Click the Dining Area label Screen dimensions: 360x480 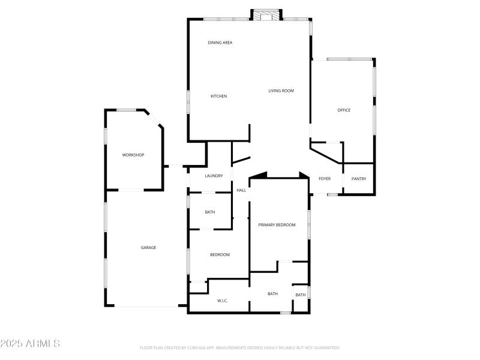[x=220, y=43]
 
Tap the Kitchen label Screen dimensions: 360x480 [x=218, y=96]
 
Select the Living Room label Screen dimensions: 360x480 [x=281, y=91]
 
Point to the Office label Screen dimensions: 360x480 [x=344, y=110]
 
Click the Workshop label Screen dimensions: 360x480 [x=133, y=155]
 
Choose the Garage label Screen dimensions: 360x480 [x=148, y=247]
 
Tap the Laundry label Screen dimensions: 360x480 [x=214, y=176]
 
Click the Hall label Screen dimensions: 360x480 [x=241, y=190]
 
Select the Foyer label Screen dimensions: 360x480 [x=325, y=179]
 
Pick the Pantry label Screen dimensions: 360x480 [x=359, y=179]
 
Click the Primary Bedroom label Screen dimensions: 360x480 [x=277, y=224]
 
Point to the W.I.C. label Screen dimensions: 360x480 [x=222, y=301]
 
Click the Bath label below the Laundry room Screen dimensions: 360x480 [x=210, y=212]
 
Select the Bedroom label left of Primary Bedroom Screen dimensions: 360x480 [x=220, y=255]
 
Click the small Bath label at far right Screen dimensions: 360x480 [x=301, y=295]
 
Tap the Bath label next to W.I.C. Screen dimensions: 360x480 [x=273, y=293]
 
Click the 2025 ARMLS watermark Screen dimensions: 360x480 [x=30, y=344]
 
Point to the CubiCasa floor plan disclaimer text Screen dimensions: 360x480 [x=240, y=347]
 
